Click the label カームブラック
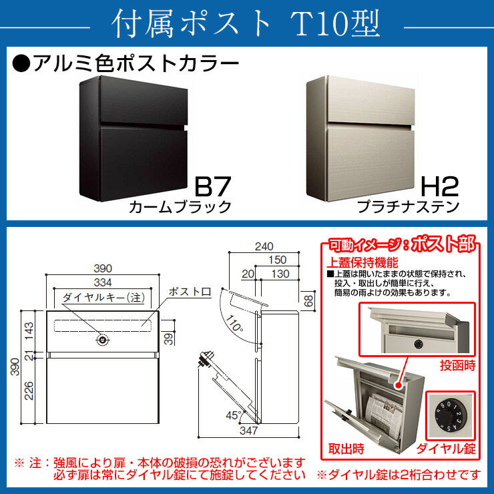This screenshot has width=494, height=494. pos(181,206)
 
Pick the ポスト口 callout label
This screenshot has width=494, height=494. pos(188,292)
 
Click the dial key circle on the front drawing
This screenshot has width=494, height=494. pos(102,340)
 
